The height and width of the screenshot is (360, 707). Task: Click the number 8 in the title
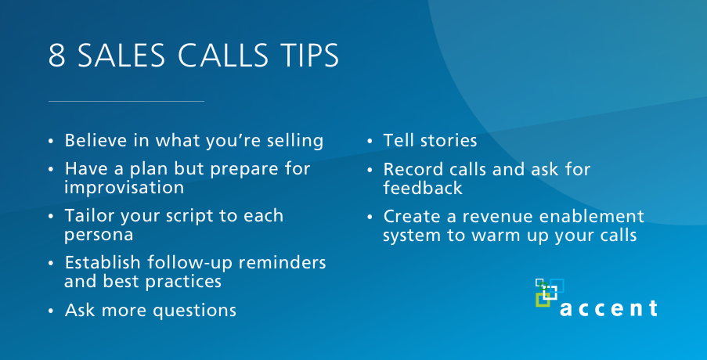pos(57,56)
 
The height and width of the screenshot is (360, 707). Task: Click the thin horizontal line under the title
pos(126,102)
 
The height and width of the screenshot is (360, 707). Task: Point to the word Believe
pos(93,141)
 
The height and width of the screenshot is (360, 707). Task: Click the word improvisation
pos(124,188)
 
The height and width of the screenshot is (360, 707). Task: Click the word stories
pos(449,141)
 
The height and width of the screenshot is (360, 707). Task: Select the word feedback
pos(423,188)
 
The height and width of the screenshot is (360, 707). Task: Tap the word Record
pos(412,169)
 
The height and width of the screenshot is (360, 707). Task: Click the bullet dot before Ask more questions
pos(51,311)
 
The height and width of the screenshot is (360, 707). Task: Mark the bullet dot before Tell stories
pos(370,141)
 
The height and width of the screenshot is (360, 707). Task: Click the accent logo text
pos(608,308)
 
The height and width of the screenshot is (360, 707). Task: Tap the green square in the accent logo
pos(543,300)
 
